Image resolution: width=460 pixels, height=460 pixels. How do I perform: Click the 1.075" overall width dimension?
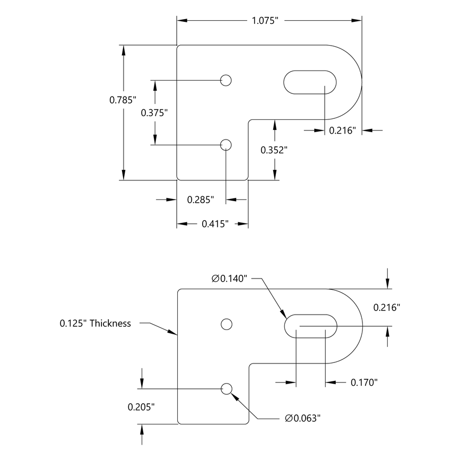coord(265,21)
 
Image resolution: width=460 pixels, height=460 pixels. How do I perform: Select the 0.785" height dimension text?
coord(123,99)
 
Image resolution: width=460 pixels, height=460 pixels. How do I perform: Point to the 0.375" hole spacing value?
coord(154,112)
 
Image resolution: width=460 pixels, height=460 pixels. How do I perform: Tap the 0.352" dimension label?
coord(274,150)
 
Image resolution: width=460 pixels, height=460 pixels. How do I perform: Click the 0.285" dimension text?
coord(201,200)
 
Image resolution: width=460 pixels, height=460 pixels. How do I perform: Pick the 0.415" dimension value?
coord(215,224)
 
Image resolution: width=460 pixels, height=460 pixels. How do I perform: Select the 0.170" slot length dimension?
coord(364,382)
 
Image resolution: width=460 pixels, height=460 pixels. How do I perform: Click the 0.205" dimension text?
coord(141,407)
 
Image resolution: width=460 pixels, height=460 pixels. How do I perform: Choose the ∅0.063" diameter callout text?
coord(303,419)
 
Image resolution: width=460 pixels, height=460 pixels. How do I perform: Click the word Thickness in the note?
coord(110,323)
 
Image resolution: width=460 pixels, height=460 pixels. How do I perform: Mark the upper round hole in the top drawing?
coord(226,80)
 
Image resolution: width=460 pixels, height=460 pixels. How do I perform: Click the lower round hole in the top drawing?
coord(226,145)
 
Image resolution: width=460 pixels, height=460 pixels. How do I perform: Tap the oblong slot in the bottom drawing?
coord(310,326)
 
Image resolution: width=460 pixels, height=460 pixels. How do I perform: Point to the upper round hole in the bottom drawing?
coord(226,324)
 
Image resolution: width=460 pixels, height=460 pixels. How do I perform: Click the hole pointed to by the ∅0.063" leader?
coord(226,389)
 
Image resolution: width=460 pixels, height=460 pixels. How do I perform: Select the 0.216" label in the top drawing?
coord(342,131)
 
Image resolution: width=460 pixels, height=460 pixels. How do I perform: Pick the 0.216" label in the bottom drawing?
coord(386,307)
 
